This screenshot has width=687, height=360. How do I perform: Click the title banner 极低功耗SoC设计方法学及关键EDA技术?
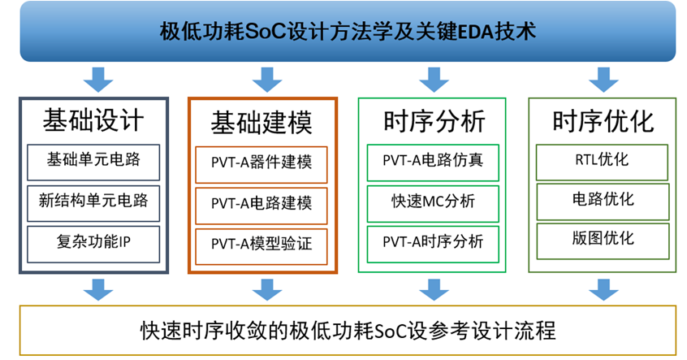coord(347,32)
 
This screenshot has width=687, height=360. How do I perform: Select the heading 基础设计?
coord(93,122)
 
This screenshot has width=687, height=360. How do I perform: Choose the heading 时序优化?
coord(603,122)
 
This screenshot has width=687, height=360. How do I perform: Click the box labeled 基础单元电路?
coord(93,160)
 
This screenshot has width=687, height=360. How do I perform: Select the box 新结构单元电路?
coord(93,200)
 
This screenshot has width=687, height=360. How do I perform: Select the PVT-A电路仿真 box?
coord(433,161)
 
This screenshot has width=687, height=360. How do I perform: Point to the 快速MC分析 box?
coord(433,201)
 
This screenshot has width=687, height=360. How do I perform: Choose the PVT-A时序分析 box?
coord(433,241)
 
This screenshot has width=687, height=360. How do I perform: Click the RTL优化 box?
coord(603,161)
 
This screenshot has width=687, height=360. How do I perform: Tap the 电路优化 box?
coord(603,200)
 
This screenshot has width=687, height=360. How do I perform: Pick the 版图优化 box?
coord(603,240)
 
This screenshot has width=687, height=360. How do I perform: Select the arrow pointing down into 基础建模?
coord(261,80)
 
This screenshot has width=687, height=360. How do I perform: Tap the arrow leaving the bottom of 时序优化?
coord(602,288)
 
